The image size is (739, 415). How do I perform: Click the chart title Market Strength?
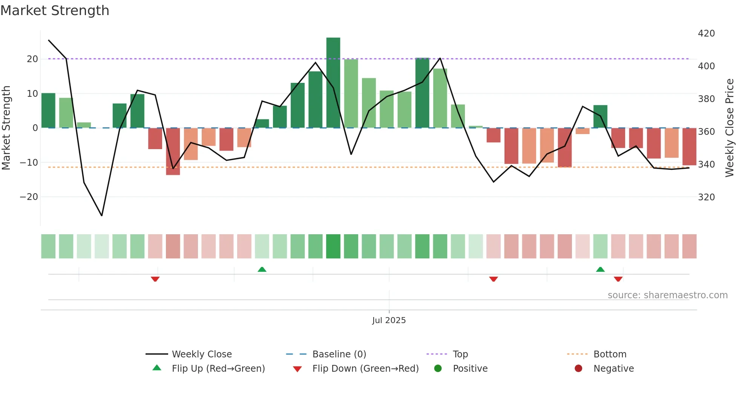pos(55,11)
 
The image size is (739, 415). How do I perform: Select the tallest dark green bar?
pos(333,83)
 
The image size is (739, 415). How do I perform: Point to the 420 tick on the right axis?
pos(706,34)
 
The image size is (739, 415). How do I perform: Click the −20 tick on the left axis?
pos(29,197)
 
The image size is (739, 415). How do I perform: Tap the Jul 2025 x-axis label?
pos(389,320)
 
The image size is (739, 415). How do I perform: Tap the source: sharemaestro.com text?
pos(667,295)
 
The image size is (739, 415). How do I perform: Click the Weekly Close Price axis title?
pos(730,128)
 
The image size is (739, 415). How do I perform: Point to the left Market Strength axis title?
pos(6,128)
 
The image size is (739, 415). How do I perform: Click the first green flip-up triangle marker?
pos(262,269)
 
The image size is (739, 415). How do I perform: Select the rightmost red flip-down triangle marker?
pos(618,279)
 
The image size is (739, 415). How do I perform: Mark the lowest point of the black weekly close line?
pos(102,215)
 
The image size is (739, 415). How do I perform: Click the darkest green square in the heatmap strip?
pos(333,246)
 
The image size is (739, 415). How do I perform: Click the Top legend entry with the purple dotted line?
pos(460,354)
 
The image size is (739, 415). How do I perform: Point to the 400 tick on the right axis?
pos(706,66)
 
